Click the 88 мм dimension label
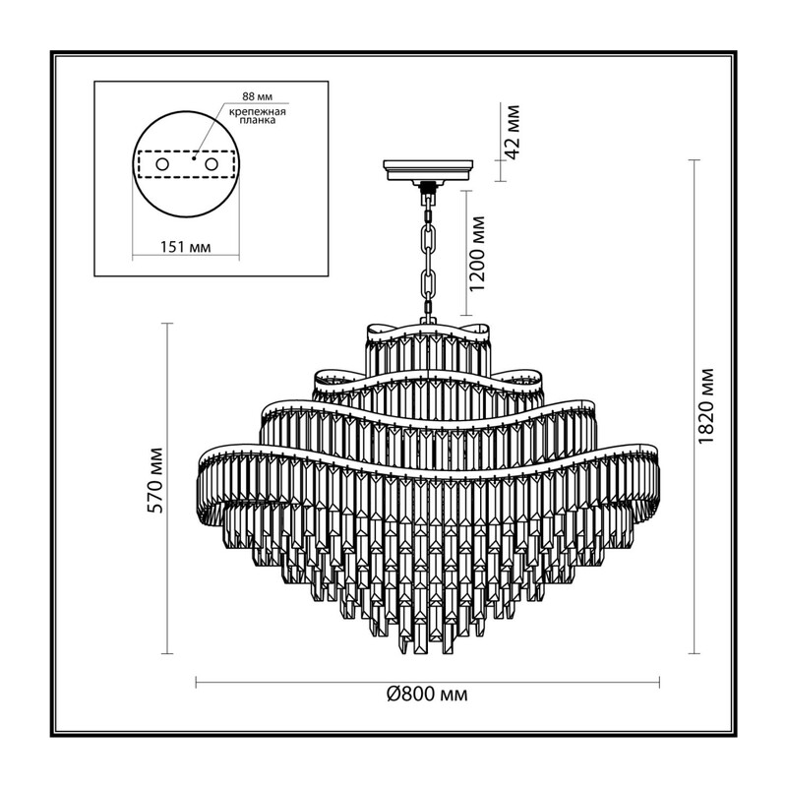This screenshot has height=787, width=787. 257,96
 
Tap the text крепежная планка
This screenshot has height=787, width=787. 258,116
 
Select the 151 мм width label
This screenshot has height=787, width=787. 185,247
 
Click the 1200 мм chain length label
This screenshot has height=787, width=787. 478,254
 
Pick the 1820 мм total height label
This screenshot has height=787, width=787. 705,405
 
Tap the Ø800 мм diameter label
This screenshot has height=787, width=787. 427,695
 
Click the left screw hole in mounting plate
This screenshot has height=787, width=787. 162,164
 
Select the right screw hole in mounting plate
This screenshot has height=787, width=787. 211,164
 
